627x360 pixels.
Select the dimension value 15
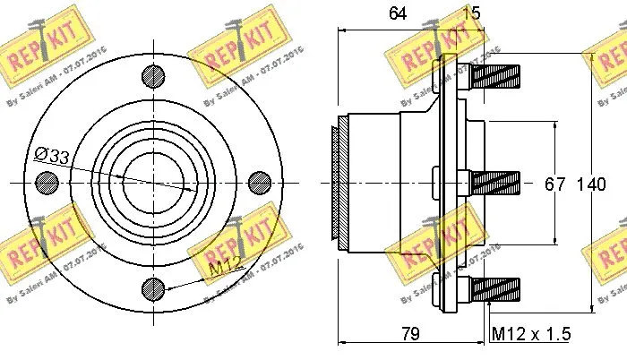470,13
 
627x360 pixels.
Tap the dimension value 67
555,184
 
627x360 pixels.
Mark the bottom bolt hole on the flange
153,287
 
